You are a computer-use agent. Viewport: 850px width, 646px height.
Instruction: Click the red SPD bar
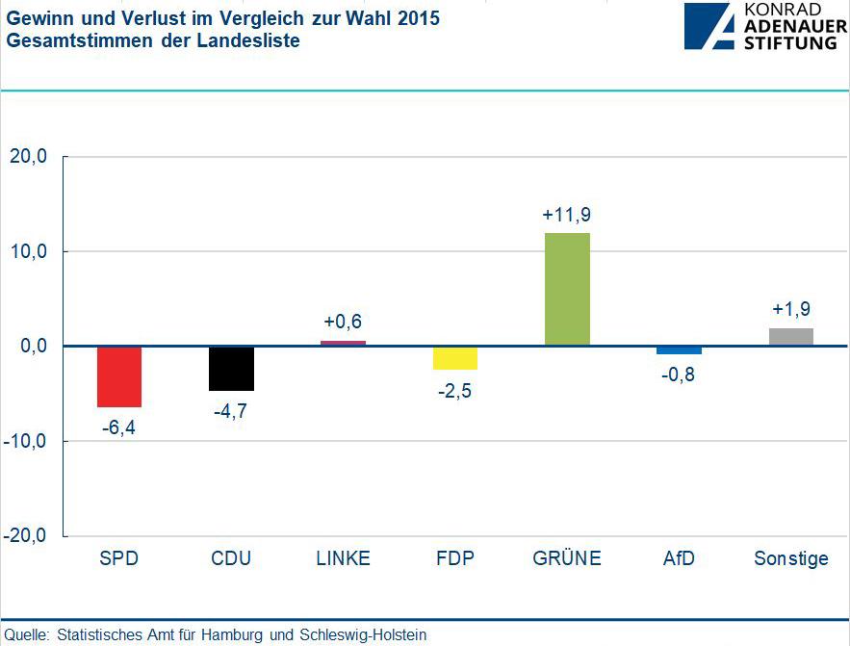(x=119, y=376)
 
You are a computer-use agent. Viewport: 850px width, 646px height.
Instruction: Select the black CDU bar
(x=231, y=369)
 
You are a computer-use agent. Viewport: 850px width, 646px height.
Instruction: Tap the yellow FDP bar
(x=454, y=358)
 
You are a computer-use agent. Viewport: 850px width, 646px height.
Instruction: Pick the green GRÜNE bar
(x=567, y=289)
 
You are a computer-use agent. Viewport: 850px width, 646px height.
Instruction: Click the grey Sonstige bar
(x=790, y=337)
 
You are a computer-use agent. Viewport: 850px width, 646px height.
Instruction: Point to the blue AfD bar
(x=679, y=350)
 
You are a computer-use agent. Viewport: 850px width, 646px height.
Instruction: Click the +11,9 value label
(x=567, y=215)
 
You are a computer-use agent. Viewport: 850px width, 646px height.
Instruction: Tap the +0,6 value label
(x=342, y=322)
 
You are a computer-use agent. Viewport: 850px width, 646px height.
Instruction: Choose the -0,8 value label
(x=678, y=375)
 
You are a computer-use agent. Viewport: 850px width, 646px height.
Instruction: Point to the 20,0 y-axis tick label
(x=28, y=157)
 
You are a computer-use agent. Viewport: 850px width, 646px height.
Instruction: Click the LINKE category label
(x=343, y=559)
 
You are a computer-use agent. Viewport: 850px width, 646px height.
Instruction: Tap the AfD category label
(x=678, y=559)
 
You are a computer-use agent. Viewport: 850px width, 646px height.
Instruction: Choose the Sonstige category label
(x=790, y=559)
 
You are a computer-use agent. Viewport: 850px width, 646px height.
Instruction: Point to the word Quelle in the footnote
(x=26, y=635)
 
